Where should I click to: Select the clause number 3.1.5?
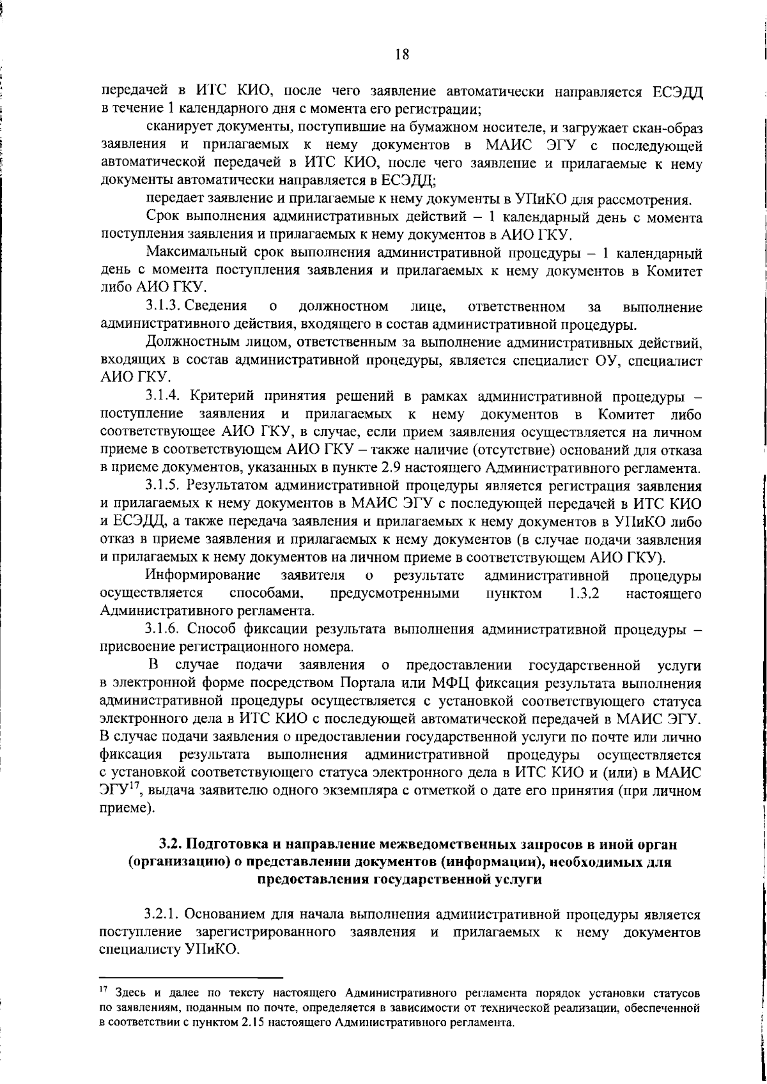click(x=166, y=486)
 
